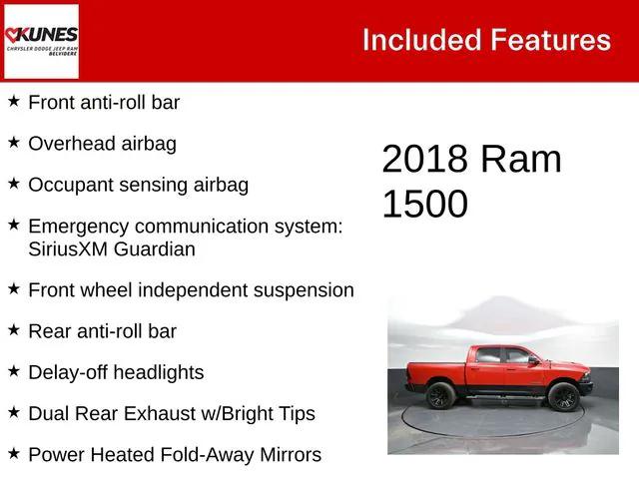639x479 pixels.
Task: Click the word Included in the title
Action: pyautogui.click(x=420, y=40)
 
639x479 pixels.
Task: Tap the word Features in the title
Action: pyautogui.click(x=550, y=40)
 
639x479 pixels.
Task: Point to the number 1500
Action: pyautogui.click(x=424, y=204)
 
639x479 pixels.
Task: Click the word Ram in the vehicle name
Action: pyautogui.click(x=520, y=160)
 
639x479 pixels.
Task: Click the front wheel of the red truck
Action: pyautogui.click(x=562, y=398)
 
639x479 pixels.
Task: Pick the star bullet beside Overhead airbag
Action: pyautogui.click(x=14, y=144)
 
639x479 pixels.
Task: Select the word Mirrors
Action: pyautogui.click(x=288, y=455)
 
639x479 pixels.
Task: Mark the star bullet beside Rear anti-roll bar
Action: pyautogui.click(x=14, y=330)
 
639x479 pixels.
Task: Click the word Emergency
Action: pyautogui.click(x=79, y=228)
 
